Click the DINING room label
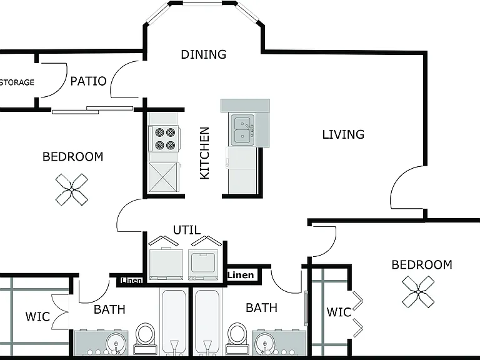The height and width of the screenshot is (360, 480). point(204,54)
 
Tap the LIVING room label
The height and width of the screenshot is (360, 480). point(343,135)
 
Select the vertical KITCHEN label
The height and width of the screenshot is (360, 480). point(204,153)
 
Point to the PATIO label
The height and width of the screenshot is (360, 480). point(89,81)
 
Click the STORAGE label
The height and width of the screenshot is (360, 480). point(17,82)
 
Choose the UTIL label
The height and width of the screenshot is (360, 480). point(187,230)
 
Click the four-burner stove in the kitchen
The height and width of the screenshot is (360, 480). point(164,139)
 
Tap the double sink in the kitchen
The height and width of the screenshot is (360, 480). point(242,130)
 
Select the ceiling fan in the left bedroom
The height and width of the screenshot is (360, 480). point(72,190)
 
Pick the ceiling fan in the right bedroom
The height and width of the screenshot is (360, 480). point(418,292)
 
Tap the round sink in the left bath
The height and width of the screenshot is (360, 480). point(116,344)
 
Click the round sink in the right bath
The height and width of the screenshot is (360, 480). point(265,344)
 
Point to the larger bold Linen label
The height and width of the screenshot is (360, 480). point(241,275)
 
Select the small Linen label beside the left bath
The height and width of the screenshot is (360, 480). point(131,281)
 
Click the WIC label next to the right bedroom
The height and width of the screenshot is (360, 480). point(339,312)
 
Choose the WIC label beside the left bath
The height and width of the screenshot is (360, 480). point(37,316)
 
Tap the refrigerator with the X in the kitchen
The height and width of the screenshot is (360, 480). point(163,177)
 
